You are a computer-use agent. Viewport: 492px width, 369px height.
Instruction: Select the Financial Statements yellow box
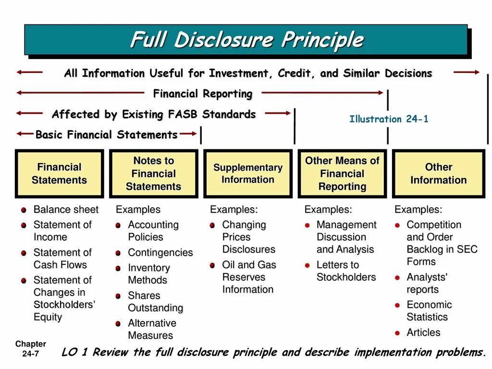click(59, 173)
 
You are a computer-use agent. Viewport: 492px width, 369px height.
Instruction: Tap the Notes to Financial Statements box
click(153, 173)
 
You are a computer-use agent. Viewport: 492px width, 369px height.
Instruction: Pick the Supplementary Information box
click(247, 173)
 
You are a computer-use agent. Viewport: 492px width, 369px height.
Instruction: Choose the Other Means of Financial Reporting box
click(342, 173)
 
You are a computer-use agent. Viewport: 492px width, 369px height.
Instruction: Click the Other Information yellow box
click(438, 173)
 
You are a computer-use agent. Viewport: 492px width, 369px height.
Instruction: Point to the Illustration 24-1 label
click(388, 119)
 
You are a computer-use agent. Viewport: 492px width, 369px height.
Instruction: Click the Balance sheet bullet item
click(65, 209)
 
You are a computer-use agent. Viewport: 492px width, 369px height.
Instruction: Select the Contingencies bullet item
click(160, 252)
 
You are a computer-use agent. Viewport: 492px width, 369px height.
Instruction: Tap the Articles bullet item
click(423, 332)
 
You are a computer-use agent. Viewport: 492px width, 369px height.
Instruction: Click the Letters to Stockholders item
click(346, 271)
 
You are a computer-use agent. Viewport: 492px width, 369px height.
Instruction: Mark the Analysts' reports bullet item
click(427, 283)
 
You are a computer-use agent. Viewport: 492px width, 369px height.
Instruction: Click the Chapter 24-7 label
click(30, 349)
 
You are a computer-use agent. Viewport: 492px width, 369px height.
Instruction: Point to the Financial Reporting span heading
click(202, 94)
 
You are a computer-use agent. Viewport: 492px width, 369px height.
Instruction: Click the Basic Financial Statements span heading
click(107, 135)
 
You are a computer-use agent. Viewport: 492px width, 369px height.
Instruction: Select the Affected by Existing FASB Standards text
click(154, 114)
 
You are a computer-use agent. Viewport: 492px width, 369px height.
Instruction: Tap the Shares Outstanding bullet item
click(155, 302)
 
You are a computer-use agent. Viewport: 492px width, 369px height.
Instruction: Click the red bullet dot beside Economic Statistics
click(397, 305)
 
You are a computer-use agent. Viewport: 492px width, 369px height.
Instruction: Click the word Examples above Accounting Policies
click(138, 209)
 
